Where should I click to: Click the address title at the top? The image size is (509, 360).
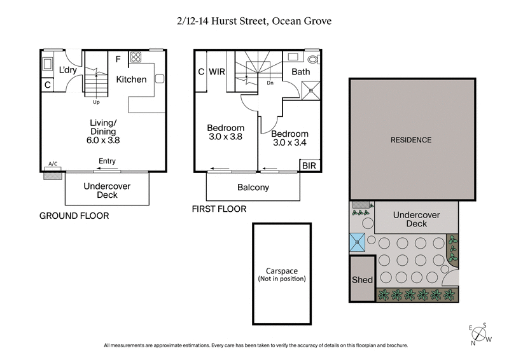click(x=254, y=21)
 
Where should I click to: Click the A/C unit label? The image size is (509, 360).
click(x=53, y=164)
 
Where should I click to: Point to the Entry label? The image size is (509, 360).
click(x=107, y=162)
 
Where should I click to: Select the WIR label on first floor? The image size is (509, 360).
click(x=218, y=72)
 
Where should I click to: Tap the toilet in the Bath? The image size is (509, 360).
click(x=311, y=59)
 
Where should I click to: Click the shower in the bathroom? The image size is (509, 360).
click(x=310, y=88)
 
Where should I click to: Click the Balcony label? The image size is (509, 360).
click(x=253, y=188)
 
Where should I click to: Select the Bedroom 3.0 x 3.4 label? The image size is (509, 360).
click(x=289, y=139)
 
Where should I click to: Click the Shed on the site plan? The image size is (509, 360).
click(x=361, y=280)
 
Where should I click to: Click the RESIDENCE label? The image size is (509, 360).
click(x=410, y=140)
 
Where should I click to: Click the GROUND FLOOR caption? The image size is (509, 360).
click(x=74, y=216)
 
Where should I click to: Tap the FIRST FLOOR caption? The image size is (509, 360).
click(x=219, y=209)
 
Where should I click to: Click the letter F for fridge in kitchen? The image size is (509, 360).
click(x=118, y=60)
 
